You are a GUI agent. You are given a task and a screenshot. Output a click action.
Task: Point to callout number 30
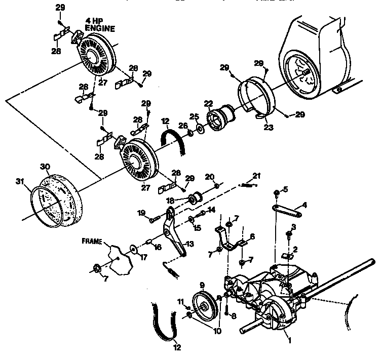(45, 166)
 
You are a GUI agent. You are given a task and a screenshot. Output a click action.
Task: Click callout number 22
(208, 104)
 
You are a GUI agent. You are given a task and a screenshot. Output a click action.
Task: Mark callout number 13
(189, 244)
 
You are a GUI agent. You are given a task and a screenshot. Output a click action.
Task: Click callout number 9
(202, 285)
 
